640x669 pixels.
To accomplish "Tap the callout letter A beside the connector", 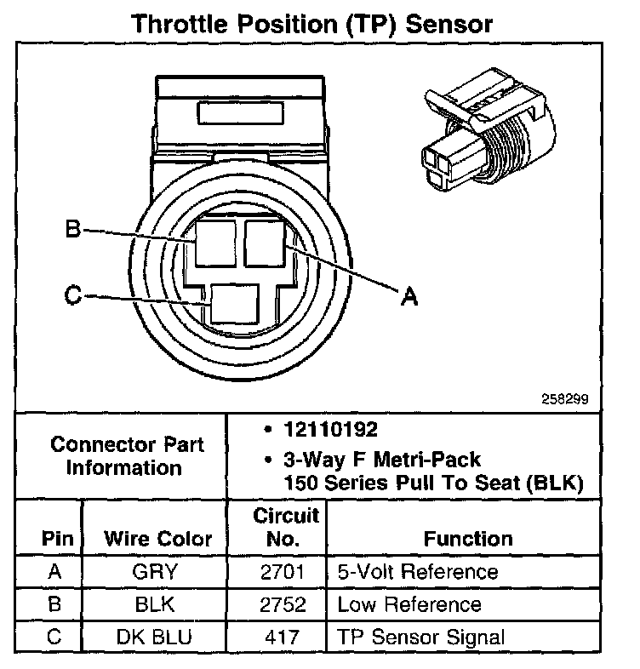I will click(409, 297).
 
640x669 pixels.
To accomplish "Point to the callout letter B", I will click(73, 229).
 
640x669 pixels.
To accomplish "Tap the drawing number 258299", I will click(564, 397).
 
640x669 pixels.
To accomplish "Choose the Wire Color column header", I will click(157, 539).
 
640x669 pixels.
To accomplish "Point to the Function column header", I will click(468, 539).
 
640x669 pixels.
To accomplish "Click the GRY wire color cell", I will click(155, 572).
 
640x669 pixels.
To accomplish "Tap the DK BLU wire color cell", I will click(155, 637).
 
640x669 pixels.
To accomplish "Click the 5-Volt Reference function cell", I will click(417, 572).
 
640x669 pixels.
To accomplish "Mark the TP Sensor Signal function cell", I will click(420, 637).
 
